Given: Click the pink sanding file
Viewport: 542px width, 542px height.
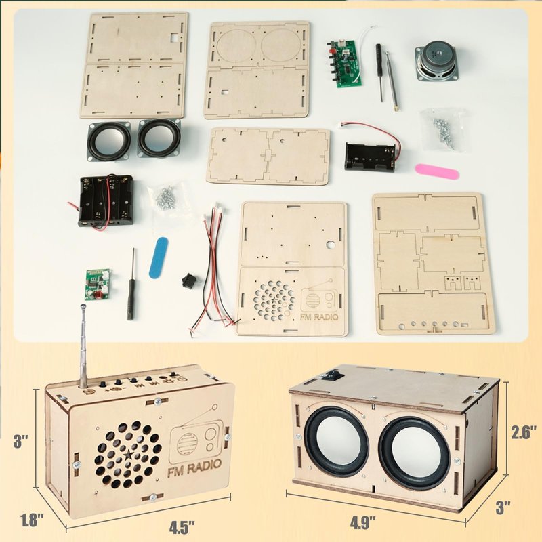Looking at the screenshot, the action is click(437, 171).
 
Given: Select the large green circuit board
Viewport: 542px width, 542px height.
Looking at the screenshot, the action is click(345, 64).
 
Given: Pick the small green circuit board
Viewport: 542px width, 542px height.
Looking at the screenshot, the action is click(98, 284).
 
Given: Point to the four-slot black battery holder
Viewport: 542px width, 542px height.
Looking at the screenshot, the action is click(106, 201).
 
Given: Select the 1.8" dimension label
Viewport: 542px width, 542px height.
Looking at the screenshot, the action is click(32, 520).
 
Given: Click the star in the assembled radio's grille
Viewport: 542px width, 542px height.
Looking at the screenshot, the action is click(129, 455).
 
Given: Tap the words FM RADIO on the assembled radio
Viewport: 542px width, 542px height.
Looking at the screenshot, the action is click(194, 468).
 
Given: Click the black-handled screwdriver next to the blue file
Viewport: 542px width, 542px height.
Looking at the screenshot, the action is click(131, 285).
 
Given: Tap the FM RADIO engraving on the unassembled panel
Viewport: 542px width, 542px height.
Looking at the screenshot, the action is click(319, 317).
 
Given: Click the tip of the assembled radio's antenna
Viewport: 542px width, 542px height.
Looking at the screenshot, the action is click(83, 306).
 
